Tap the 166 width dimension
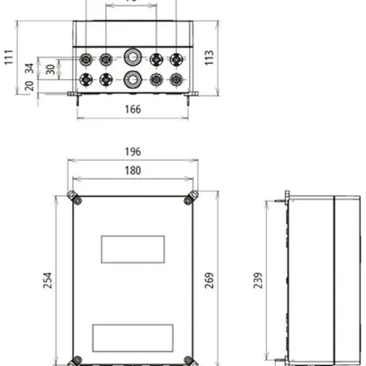[x=132, y=109]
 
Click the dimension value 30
[x=50, y=68]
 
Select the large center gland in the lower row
[x=132, y=78]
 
